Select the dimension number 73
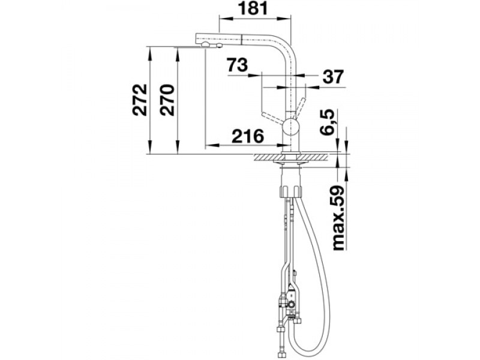click(237, 65)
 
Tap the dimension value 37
click(333, 77)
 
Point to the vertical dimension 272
click(140, 100)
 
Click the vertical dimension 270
click(167, 100)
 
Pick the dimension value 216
click(248, 136)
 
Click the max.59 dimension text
click(338, 218)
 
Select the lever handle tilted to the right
click(299, 108)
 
